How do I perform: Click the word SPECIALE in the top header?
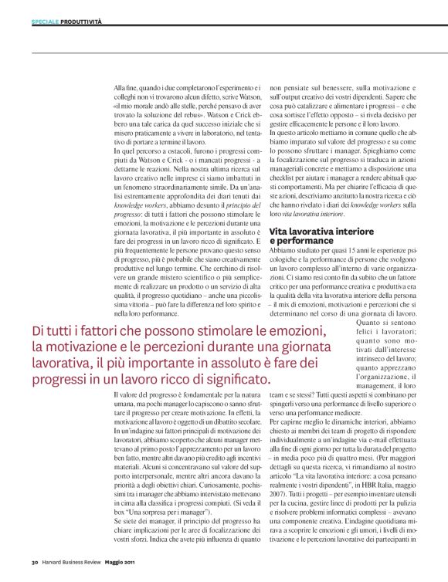(46, 22)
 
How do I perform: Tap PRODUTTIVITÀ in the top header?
(81, 22)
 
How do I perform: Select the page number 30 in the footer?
(36, 560)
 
